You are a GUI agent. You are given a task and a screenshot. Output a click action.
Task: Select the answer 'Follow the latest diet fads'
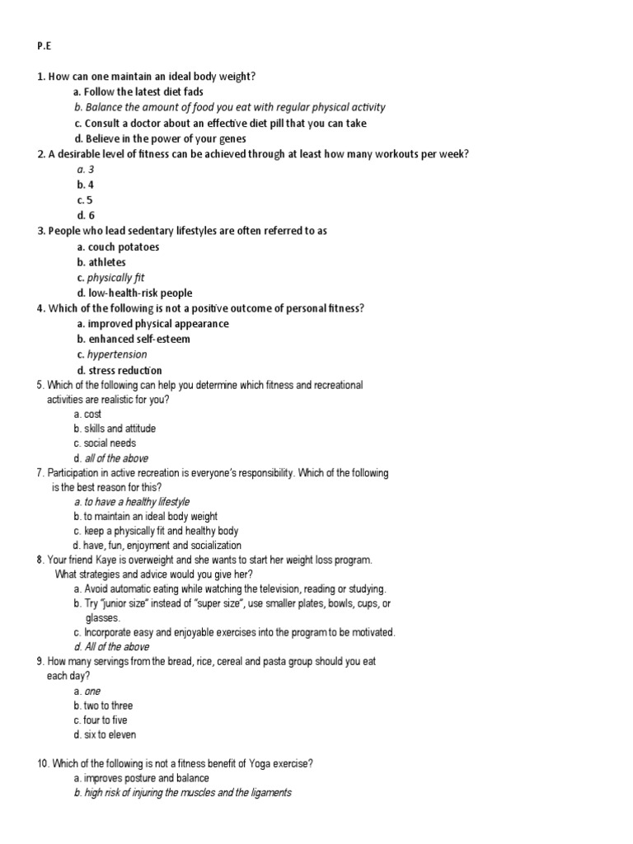pyautogui.click(x=143, y=92)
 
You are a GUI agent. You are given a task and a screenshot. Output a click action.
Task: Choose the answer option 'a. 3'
pyautogui.click(x=86, y=170)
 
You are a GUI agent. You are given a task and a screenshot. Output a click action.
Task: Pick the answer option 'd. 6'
pyautogui.click(x=86, y=216)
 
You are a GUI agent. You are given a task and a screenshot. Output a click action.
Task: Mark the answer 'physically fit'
pyautogui.click(x=115, y=278)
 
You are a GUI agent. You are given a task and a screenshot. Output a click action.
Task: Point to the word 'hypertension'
pyautogui.click(x=117, y=355)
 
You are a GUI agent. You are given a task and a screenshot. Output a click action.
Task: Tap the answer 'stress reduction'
pyautogui.click(x=124, y=371)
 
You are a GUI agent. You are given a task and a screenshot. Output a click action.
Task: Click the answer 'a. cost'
pyautogui.click(x=87, y=415)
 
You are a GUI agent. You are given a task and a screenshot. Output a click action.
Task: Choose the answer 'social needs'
pyautogui.click(x=110, y=443)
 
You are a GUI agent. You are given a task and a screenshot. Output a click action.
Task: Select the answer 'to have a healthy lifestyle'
pyautogui.click(x=136, y=502)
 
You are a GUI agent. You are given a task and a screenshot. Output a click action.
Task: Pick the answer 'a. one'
pyautogui.click(x=87, y=692)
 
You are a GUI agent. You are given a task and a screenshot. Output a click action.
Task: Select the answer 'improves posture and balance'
pyautogui.click(x=146, y=778)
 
